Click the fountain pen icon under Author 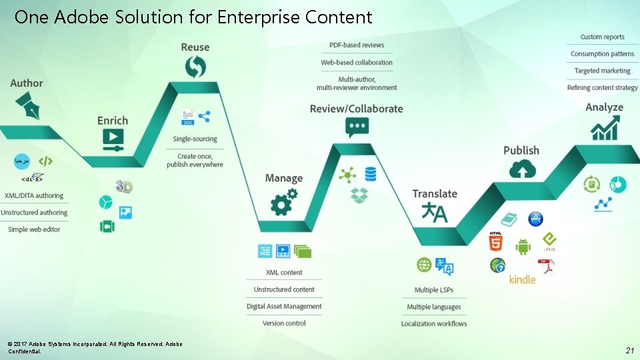coord(26,105)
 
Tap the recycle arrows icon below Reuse coord(195,66)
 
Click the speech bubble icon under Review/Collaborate coord(357,127)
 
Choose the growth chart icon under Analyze coord(605,127)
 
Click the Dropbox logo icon coord(359,195)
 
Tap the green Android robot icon coord(523,246)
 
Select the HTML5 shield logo coord(496,242)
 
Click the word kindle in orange coord(522,279)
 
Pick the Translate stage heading coord(435,194)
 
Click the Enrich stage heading coord(113,121)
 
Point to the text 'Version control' coord(284,323)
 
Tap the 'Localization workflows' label coord(434,324)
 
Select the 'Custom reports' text coord(602,37)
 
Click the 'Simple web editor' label coord(34,229)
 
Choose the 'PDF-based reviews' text coord(357,45)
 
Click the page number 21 coord(629,350)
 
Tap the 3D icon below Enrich coord(124,187)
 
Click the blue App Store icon coord(535,219)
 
